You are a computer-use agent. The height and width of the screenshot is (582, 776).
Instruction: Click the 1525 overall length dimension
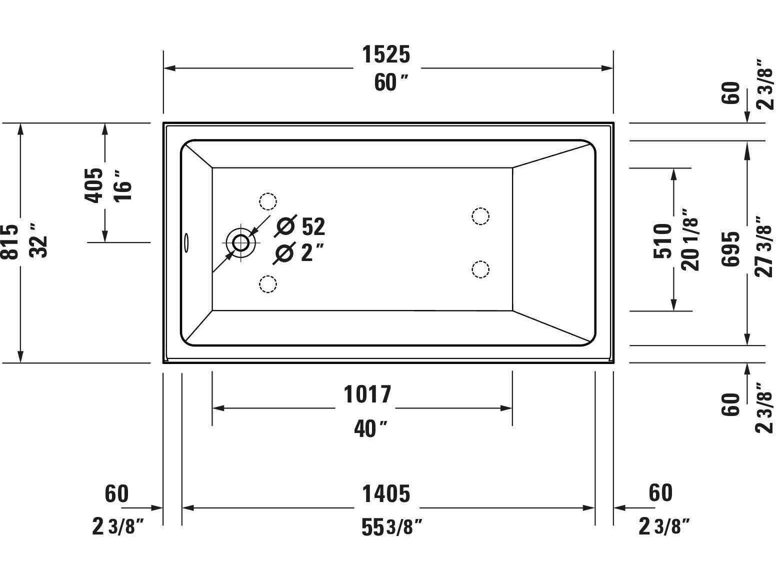pos(386,54)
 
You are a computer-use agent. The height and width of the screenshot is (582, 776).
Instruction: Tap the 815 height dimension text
pos(10,242)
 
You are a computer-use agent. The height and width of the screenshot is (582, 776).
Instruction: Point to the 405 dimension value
pos(93,185)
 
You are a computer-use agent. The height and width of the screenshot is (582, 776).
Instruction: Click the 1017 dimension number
pos(367,394)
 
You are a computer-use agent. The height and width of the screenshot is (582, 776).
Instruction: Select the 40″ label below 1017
pos(370,428)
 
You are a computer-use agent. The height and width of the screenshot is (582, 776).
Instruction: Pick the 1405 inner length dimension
pos(386,494)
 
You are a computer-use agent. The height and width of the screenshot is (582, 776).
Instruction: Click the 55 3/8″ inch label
pos(391,527)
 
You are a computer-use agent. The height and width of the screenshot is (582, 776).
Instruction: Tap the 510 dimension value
pos(663,241)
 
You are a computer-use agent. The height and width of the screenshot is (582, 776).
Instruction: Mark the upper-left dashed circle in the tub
pos(268,201)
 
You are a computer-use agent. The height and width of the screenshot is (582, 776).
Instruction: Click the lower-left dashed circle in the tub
pos(268,284)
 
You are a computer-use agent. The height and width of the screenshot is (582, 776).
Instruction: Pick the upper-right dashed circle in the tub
pos(480,216)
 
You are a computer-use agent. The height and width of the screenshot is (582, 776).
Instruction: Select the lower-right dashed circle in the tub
pos(480,269)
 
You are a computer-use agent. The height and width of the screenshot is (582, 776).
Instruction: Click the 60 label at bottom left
pos(116,494)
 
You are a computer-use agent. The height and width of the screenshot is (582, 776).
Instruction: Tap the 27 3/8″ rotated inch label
pos(764,247)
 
